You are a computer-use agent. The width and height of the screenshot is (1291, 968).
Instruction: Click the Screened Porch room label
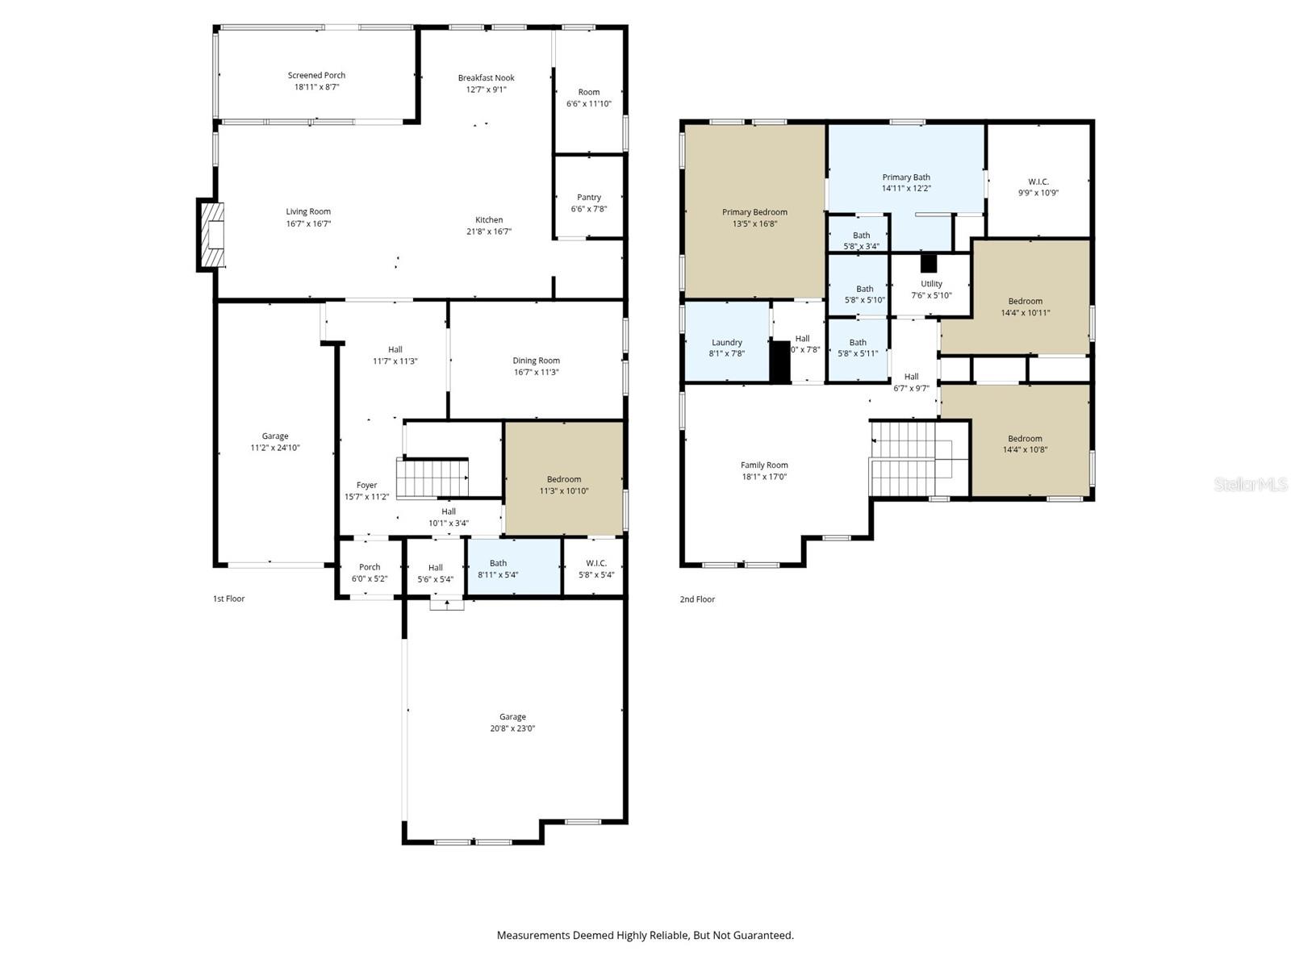[x=316, y=75]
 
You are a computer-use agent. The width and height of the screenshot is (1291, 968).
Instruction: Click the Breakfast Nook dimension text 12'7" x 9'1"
[x=487, y=90]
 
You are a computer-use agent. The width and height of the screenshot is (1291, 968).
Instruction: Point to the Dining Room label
[x=536, y=361]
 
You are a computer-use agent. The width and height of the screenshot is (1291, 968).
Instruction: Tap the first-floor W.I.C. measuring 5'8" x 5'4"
[x=595, y=569]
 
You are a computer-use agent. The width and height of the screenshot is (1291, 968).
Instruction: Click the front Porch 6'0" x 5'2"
[x=370, y=572]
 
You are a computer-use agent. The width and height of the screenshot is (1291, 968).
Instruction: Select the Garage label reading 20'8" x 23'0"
[x=512, y=723]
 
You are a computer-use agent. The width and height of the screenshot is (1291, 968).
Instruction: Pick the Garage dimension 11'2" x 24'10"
[x=275, y=448]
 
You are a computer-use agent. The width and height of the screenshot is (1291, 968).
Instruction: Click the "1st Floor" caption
[x=228, y=599]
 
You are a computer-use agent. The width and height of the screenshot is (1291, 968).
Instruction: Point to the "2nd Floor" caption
[x=697, y=599]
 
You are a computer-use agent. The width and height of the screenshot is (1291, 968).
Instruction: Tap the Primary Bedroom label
[x=754, y=212]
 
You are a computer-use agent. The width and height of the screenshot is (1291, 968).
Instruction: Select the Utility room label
[x=931, y=284]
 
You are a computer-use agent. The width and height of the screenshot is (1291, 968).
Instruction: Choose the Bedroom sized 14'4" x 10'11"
[x=1025, y=307]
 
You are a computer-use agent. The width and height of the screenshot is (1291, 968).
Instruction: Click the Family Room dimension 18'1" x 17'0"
[x=764, y=477]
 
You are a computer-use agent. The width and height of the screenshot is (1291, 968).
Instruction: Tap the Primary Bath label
[x=906, y=177]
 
